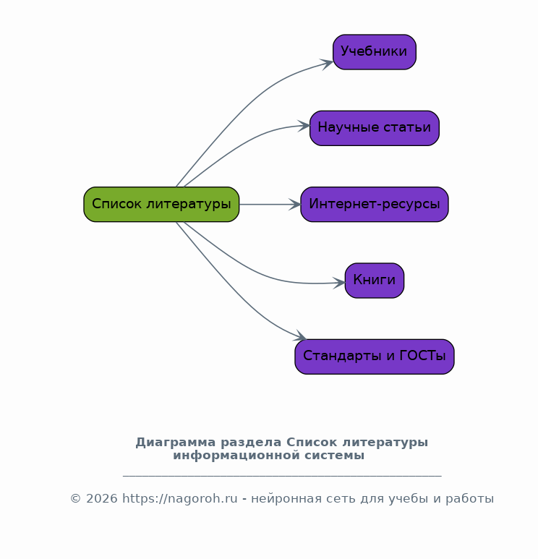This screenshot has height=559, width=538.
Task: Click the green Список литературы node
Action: point(161,204)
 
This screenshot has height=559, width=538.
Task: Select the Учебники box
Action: point(375,52)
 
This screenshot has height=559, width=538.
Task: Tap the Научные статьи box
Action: point(375,128)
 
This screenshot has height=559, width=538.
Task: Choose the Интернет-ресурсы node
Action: point(375,204)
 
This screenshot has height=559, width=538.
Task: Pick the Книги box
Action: point(375,281)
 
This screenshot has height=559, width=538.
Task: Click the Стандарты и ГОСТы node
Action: point(375,357)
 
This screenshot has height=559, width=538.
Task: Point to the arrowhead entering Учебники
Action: point(327,64)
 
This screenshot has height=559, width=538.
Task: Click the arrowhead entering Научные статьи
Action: point(304,127)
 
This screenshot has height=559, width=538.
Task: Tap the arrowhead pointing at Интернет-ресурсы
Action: point(294,205)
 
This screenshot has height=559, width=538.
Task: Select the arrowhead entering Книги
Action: point(338,283)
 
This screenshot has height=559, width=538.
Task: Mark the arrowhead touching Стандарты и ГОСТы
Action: point(300,336)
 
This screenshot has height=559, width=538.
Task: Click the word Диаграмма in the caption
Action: point(176,443)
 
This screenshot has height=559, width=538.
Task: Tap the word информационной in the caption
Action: point(236,456)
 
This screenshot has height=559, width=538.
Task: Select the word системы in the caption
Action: point(334,456)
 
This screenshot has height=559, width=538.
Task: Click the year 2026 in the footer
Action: point(102,498)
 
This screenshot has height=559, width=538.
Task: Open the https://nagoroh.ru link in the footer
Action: point(179,498)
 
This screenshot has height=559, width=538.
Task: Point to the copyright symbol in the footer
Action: point(75,498)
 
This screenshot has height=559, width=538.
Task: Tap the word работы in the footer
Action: point(469,499)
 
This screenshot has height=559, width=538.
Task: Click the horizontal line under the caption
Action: point(282,476)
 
